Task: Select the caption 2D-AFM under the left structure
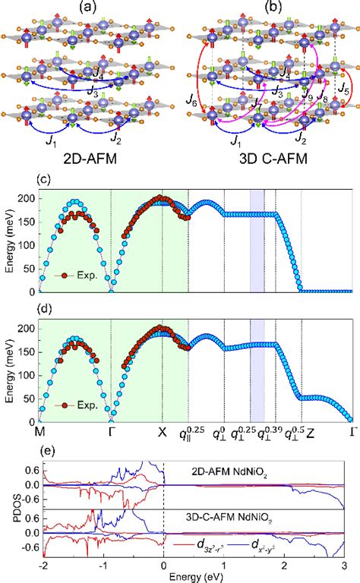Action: click(86, 159)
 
